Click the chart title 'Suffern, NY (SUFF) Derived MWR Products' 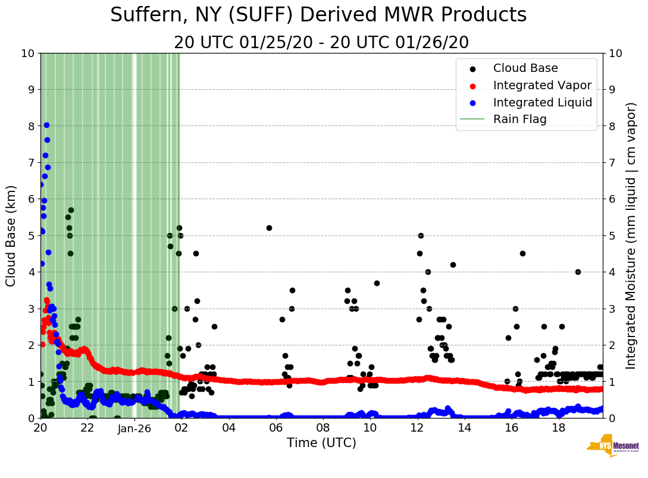(x=318, y=15)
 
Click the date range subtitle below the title (x=321, y=43)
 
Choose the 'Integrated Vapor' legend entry (x=542, y=85)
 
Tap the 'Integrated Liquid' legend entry (x=542, y=102)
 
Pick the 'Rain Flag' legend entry (x=519, y=119)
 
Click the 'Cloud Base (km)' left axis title (x=11, y=235)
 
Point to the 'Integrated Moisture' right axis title (x=632, y=235)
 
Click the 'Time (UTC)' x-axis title (x=321, y=443)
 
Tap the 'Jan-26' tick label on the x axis (x=134, y=427)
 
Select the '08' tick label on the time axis (x=323, y=427)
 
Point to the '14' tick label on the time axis (x=465, y=427)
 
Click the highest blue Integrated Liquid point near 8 (x=46, y=125)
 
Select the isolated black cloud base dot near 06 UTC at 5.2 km (x=269, y=228)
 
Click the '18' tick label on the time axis (x=559, y=427)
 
